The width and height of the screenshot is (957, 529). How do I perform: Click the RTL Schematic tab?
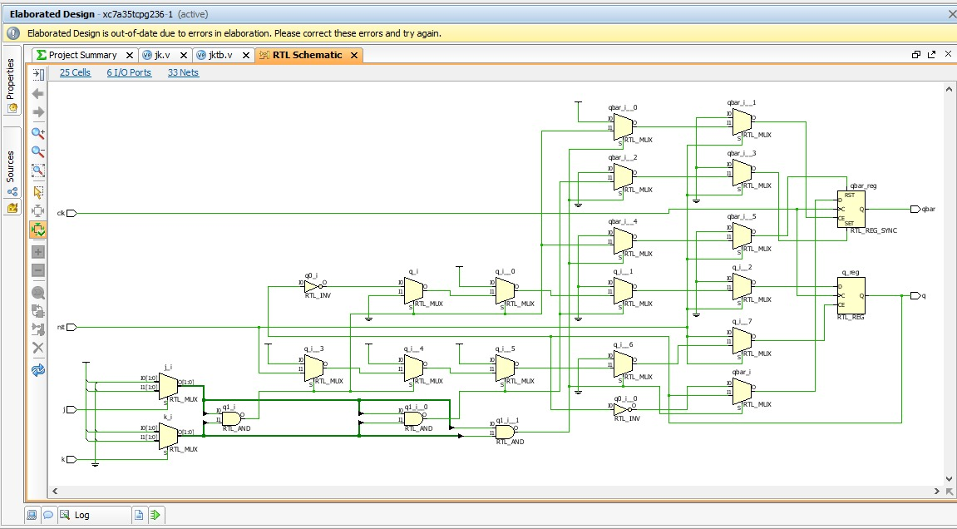point(307,55)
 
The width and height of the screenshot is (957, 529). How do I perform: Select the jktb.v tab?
point(220,55)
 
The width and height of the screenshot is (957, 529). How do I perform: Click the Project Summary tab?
point(81,55)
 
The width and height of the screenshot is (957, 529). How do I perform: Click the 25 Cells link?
point(75,72)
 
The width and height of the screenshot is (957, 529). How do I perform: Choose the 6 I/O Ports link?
point(129,72)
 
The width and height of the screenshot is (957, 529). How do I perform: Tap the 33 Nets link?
point(183,72)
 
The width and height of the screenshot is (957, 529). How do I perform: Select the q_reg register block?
point(851,296)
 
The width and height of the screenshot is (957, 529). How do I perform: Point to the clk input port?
point(71,213)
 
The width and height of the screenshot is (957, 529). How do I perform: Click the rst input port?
point(71,327)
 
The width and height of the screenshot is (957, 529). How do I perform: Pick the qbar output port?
point(915,209)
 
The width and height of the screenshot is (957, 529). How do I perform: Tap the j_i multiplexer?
point(169,385)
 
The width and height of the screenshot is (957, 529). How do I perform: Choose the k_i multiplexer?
point(169,435)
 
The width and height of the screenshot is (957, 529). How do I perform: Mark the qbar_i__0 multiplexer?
point(623,127)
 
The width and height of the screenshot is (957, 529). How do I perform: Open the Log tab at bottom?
point(81,515)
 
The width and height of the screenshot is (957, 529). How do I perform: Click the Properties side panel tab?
point(11,79)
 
